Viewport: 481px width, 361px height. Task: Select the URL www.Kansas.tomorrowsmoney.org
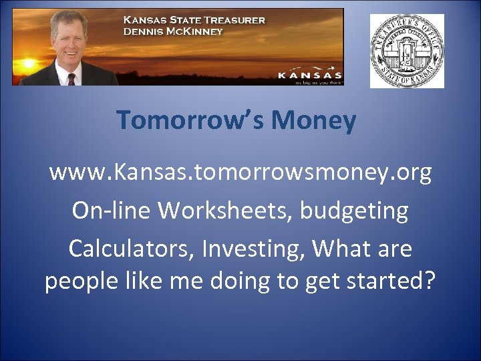(x=240, y=173)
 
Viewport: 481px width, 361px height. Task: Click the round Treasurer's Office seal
(x=407, y=51)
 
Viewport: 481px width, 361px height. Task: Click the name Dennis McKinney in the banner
(x=173, y=31)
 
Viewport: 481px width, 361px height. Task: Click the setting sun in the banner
(x=28, y=66)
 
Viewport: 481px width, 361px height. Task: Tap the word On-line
(x=112, y=211)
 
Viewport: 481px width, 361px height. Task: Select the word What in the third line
(x=341, y=249)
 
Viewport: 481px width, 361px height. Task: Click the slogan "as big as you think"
(x=317, y=82)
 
